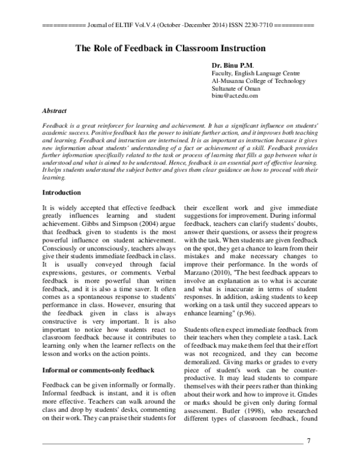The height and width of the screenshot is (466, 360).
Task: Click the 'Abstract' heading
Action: click(55, 111)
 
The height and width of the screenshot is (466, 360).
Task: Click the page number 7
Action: click(308, 441)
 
